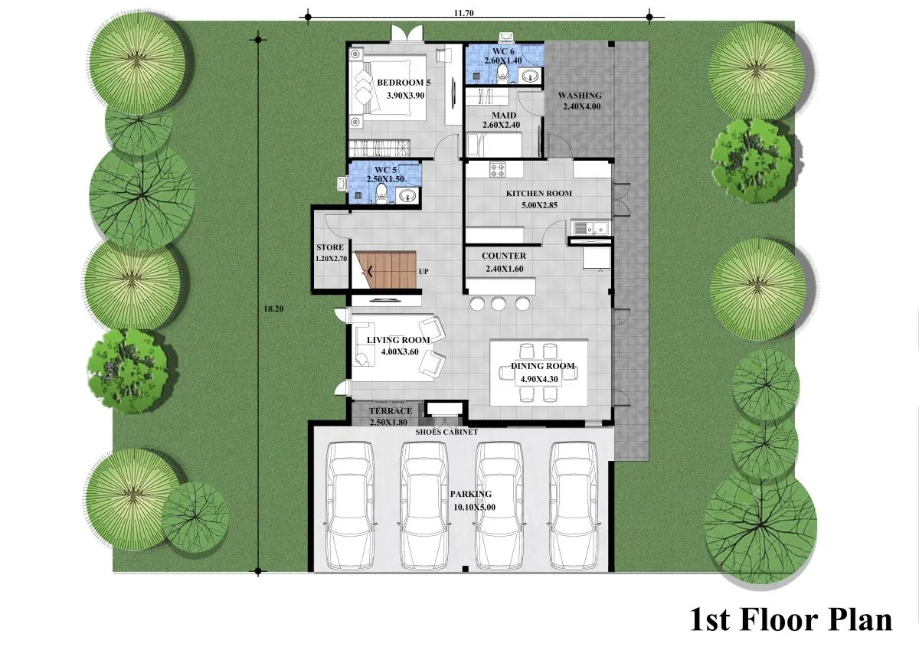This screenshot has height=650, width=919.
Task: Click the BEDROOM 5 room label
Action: [x=404, y=83]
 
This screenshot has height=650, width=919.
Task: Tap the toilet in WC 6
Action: [x=502, y=74]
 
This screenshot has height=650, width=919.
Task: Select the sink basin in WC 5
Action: [x=407, y=195]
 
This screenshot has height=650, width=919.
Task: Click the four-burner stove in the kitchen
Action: [x=498, y=169]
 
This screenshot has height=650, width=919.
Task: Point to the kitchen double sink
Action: [x=590, y=227]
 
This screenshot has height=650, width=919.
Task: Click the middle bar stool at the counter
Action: [x=499, y=303]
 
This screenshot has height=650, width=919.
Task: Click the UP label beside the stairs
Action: [x=424, y=272]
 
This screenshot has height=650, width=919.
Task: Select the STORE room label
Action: [x=330, y=247]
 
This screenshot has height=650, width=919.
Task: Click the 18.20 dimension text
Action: [x=273, y=309]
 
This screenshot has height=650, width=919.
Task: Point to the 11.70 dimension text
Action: [x=463, y=13]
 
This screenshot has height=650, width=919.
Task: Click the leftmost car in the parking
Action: [x=350, y=505]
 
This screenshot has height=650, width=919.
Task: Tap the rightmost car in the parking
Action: [x=574, y=505]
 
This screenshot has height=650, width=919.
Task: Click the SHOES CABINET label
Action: [x=446, y=433]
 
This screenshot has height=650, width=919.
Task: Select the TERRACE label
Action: [x=391, y=411]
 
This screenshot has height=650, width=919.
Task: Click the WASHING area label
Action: [x=580, y=96]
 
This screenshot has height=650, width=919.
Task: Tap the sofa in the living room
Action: [x=365, y=344]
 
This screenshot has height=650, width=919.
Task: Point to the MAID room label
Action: [x=504, y=116]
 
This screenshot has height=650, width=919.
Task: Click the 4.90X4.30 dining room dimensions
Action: [x=539, y=379]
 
